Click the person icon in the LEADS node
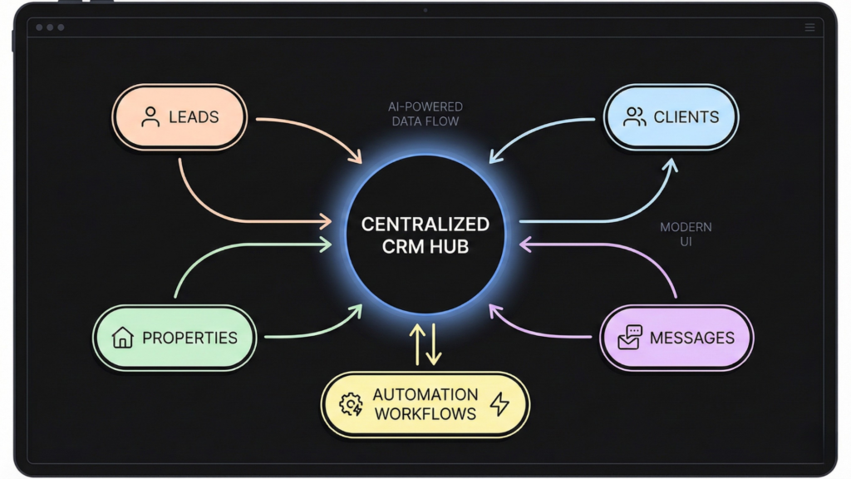150,117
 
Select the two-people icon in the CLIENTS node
635,117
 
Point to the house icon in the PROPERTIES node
123,338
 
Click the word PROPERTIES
189,338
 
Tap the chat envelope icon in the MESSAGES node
630,337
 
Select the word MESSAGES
692,338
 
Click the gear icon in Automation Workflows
352,404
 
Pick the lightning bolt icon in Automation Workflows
499,404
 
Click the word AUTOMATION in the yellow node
425,394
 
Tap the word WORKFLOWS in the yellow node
425,413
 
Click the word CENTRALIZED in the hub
425,225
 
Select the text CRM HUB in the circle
425,246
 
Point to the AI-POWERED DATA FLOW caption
425,114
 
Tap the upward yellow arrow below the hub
416,343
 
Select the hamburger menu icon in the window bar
809,27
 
